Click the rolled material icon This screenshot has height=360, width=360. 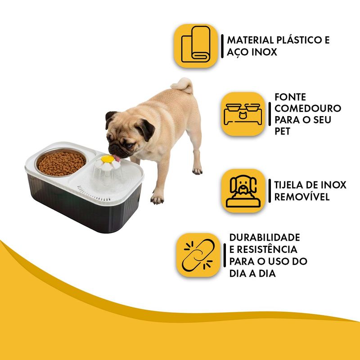click(195, 46)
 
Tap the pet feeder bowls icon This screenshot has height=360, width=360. click(243, 114)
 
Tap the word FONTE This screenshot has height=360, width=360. click(290, 97)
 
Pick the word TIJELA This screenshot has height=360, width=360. click(290, 185)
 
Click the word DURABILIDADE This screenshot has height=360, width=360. click(265, 238)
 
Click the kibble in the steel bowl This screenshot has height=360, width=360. click(61, 162)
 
